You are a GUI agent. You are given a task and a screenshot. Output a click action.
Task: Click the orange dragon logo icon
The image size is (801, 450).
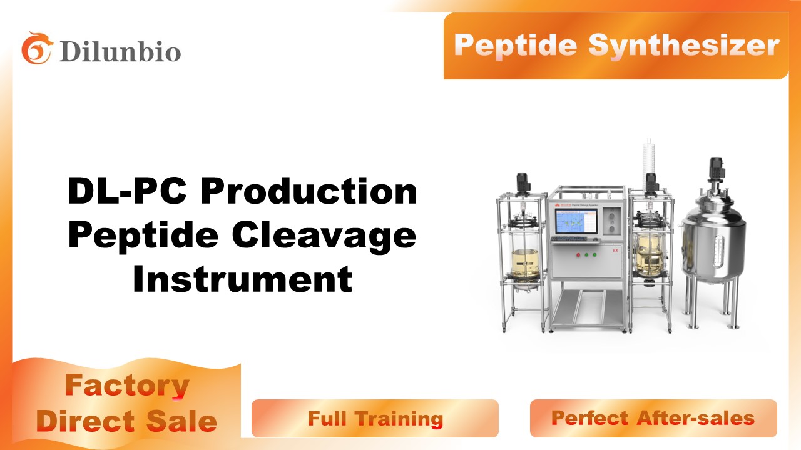[37, 48]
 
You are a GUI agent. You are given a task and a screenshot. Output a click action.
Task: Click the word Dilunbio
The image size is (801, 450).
[121, 52]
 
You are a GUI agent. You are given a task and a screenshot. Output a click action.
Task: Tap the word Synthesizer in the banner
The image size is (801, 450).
[684, 46]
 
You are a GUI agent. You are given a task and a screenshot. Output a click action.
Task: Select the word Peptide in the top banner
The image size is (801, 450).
[515, 46]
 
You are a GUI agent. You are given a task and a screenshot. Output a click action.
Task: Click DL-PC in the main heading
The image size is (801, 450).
[127, 191]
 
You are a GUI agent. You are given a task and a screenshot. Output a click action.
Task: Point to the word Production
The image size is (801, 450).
[309, 191]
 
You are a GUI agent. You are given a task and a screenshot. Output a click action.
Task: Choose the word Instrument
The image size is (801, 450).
[242, 279]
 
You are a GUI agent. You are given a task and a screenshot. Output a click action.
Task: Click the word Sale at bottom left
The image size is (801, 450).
[181, 421]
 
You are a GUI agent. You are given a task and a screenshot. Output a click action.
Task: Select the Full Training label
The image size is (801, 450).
[375, 418]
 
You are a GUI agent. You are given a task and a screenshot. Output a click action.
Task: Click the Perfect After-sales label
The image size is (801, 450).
[653, 418]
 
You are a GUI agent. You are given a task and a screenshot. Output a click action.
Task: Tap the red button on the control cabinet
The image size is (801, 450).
[578, 255]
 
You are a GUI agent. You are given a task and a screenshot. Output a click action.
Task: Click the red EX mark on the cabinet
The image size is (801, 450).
[615, 251]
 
